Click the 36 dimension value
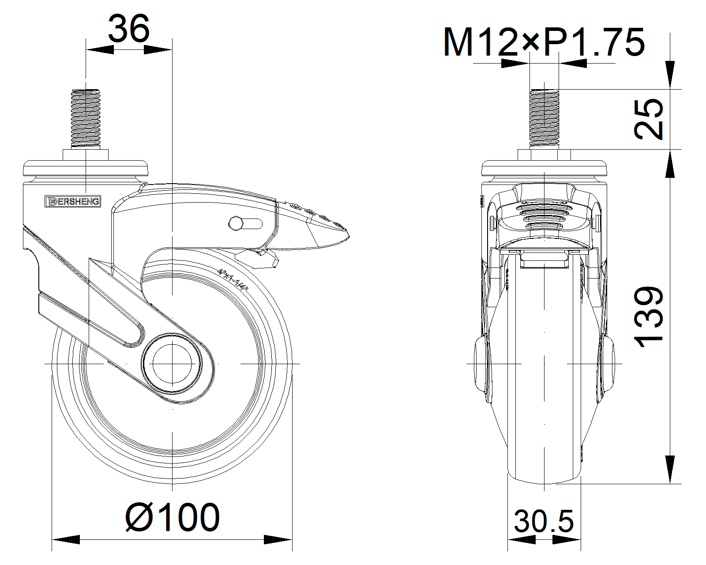pyautogui.click(x=128, y=29)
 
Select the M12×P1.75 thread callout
pyautogui.click(x=544, y=42)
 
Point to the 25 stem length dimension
pyautogui.click(x=648, y=119)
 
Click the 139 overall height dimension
pyautogui.click(x=648, y=317)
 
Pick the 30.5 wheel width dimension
pyautogui.click(x=544, y=521)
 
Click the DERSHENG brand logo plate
pyautogui.click(x=73, y=201)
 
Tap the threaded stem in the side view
pyautogui.click(x=86, y=118)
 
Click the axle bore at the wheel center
pyautogui.click(x=172, y=364)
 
